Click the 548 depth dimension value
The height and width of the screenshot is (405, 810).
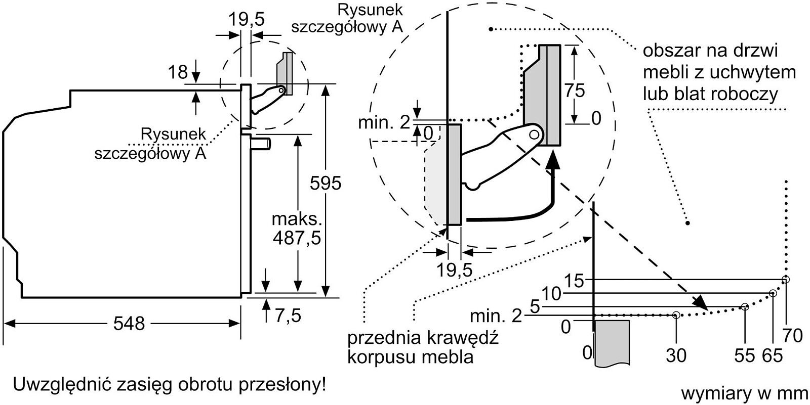pos(129,324)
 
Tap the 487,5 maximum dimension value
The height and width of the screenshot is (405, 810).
pos(297,238)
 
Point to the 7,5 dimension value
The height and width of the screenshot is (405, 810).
pos(288,316)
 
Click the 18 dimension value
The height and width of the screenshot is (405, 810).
pos(178,72)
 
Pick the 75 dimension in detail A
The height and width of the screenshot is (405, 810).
pos(574,91)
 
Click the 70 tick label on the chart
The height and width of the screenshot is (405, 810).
pos(792,335)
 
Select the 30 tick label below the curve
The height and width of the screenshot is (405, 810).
pos(676,355)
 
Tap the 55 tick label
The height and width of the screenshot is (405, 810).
pos(745,355)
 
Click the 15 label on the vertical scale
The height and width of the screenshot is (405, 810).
pos(575,281)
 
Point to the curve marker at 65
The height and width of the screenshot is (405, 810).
pos(773,293)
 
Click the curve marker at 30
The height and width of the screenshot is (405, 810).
pos(676,315)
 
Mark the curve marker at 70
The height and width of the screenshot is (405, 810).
pos(785,280)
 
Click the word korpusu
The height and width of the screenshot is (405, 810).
pos(380,357)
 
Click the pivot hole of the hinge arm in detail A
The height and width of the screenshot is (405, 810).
pos(534,134)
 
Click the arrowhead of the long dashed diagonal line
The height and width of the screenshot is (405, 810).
pos(702,303)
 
